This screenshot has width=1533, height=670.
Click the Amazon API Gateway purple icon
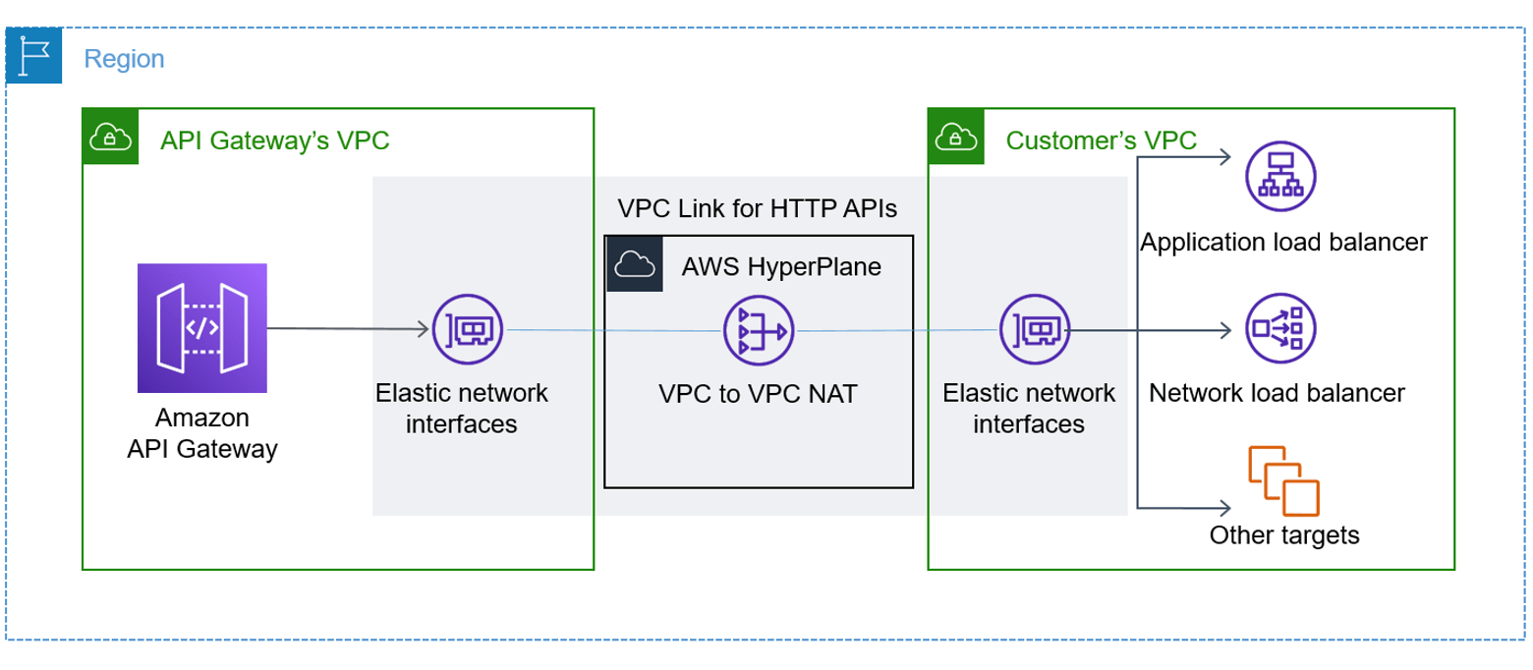pos(202,328)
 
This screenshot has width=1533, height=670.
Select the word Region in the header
pos(124,59)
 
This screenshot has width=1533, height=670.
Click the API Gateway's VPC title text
pos(275,140)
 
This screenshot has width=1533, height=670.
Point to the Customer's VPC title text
pos(1101,140)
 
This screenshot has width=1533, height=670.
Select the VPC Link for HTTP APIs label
pos(758,208)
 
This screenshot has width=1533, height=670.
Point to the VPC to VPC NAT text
pos(758,394)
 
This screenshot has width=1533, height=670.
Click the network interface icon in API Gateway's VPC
pos(468,329)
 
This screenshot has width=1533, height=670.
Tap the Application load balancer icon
pos(1280,176)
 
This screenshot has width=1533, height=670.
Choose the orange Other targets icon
pos(1282,480)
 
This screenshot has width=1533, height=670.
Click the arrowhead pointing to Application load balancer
pos(1223,155)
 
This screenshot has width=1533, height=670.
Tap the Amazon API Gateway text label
pos(202,433)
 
